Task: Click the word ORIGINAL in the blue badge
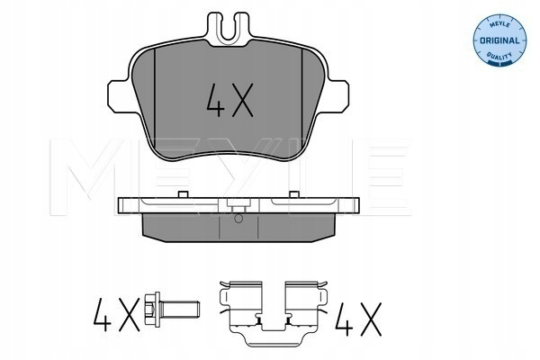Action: pos(499,40)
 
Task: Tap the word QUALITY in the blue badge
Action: pos(499,55)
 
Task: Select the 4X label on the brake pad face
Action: pos(229,100)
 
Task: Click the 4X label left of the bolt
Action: pos(116,314)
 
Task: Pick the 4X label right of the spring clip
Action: pos(358,319)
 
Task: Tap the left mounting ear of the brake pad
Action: pos(121,95)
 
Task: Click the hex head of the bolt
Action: pos(152,309)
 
